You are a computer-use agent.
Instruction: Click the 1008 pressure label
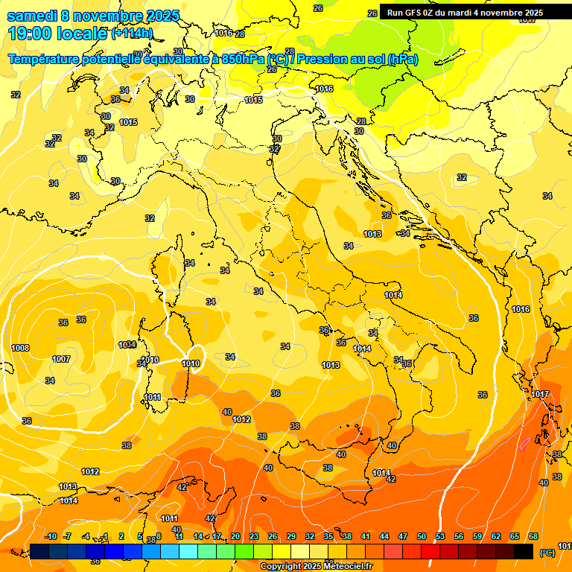pos(20,348)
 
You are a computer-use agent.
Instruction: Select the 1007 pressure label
pos(61,359)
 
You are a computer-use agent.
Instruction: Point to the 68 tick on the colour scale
pos(533,536)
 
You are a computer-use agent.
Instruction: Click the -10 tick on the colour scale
pos(51,536)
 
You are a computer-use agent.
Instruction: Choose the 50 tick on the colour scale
pos(422,536)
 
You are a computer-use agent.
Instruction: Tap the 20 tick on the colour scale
pos(235,536)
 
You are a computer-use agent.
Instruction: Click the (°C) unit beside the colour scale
pos(547,553)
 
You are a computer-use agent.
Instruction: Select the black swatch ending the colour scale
pos(524,551)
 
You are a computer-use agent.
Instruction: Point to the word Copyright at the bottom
pos(280,567)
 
